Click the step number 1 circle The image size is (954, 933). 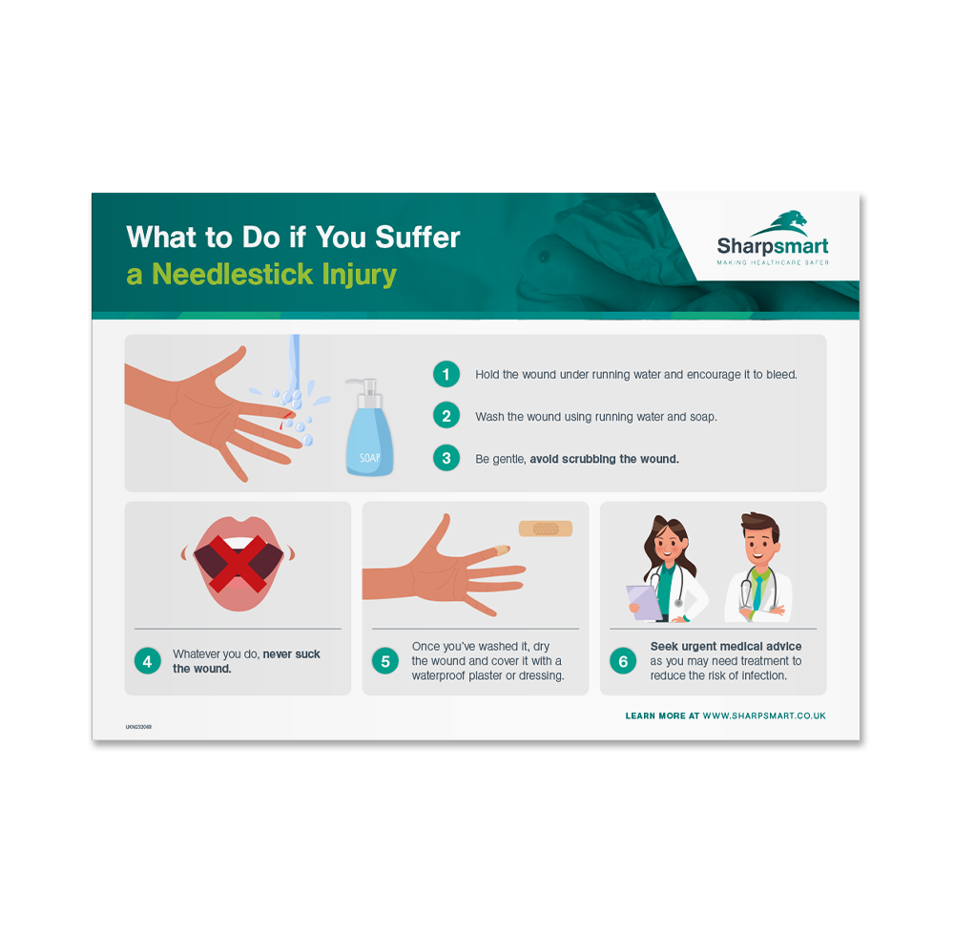(x=446, y=374)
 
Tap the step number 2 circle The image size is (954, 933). (x=446, y=416)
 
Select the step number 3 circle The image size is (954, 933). (x=446, y=458)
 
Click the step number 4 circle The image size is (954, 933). (x=148, y=661)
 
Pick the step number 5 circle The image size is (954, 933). (x=385, y=661)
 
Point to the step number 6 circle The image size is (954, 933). (x=623, y=661)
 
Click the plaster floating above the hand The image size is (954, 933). (x=545, y=528)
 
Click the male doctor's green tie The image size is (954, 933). (x=757, y=591)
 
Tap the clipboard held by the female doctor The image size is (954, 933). (x=642, y=601)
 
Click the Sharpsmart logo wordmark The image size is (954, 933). (x=773, y=246)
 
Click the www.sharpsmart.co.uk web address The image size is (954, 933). (x=764, y=715)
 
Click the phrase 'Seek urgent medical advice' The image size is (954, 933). (x=726, y=647)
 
